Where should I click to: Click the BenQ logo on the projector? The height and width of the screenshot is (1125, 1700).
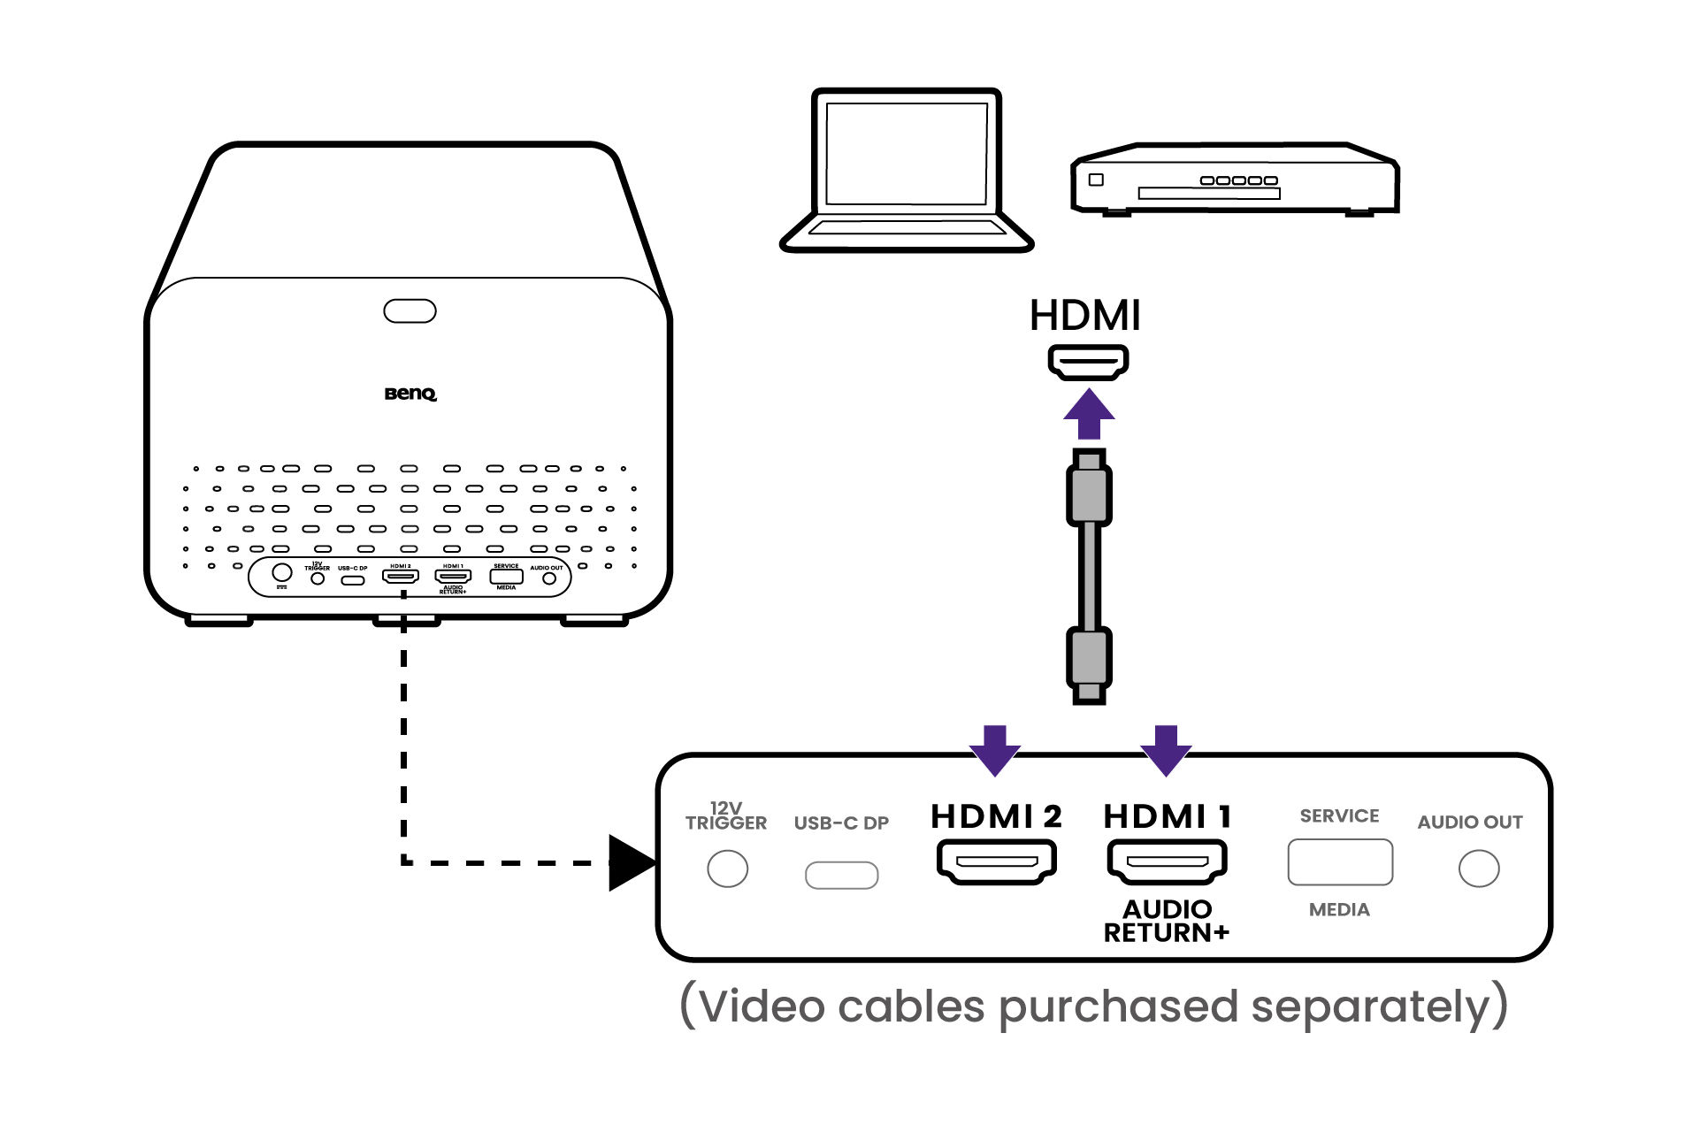410,394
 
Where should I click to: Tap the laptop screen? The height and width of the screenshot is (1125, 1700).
906,153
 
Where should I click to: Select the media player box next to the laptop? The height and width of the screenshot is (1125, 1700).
1234,180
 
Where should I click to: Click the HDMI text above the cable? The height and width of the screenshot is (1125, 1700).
1085,316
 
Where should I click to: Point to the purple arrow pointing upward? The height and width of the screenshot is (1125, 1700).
1089,414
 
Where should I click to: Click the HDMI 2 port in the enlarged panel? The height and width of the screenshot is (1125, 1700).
997,861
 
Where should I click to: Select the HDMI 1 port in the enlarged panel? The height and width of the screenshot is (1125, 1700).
1167,861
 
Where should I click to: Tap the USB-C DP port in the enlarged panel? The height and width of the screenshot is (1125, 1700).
841,875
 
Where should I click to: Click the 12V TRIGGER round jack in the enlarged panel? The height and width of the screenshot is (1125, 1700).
727,869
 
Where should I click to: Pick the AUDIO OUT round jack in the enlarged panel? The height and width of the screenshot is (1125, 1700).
1478,869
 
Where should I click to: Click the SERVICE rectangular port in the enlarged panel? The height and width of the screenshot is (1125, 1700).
1339,862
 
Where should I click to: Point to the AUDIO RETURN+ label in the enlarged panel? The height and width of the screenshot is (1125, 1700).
1166,921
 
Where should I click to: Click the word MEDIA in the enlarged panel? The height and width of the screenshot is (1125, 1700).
1339,909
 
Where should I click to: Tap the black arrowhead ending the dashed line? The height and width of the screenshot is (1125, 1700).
631,862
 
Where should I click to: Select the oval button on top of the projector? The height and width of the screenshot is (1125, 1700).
410,311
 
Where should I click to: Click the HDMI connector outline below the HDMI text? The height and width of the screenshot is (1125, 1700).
1088,362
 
